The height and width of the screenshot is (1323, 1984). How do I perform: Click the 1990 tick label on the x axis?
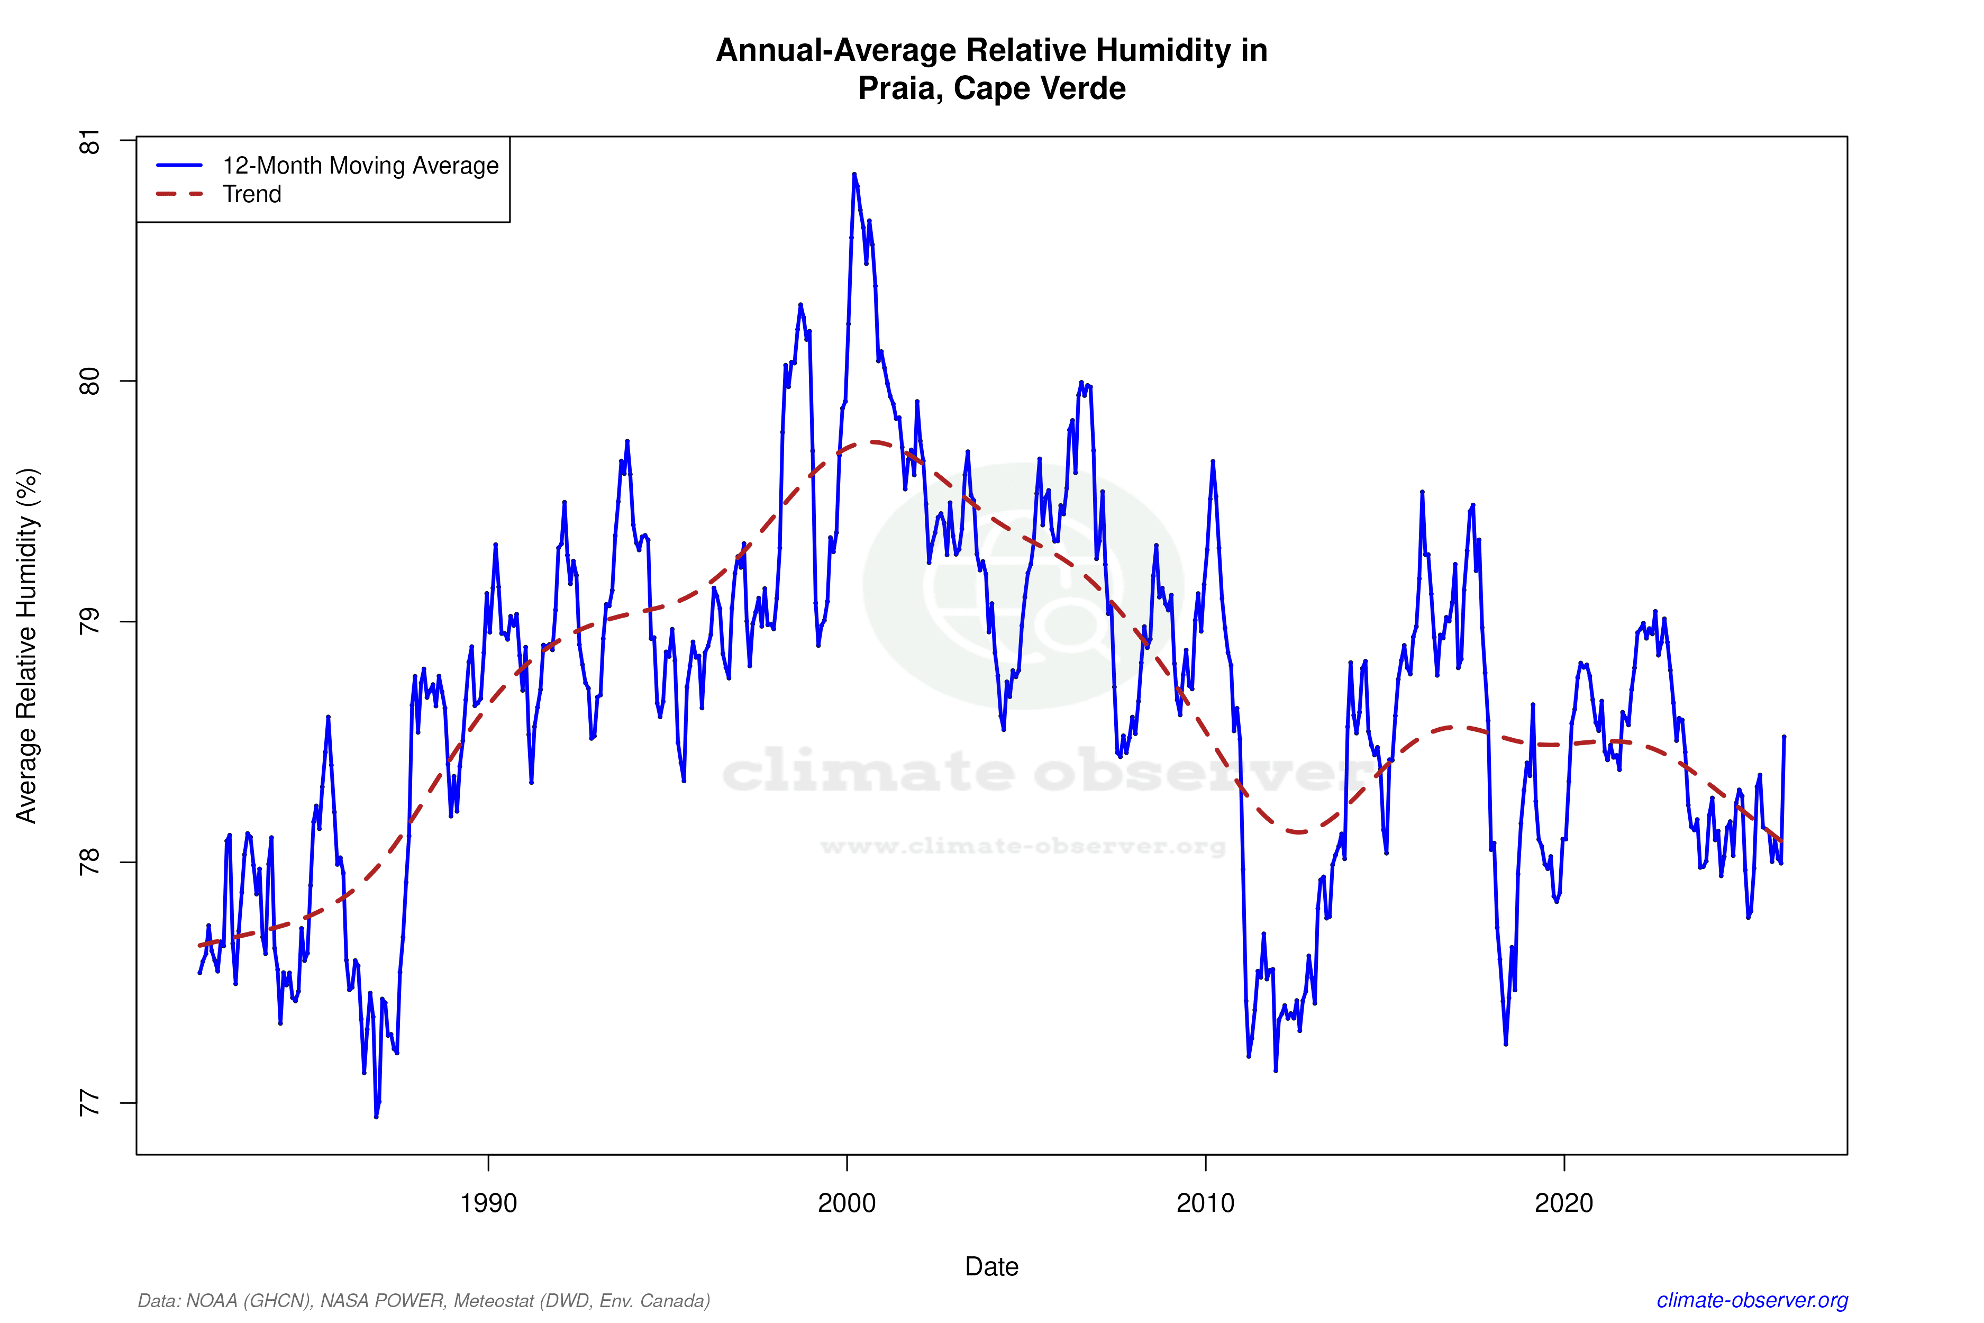click(x=488, y=1202)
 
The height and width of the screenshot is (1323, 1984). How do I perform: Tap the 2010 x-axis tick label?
click(x=1205, y=1202)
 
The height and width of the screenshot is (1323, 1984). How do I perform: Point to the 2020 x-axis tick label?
click(x=1564, y=1202)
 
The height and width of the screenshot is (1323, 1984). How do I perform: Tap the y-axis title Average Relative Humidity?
click(x=27, y=646)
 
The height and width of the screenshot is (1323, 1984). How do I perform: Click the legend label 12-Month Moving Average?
click(x=360, y=165)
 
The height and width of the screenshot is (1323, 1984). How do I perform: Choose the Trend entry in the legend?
click(x=251, y=194)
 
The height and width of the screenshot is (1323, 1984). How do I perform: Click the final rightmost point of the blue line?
click(x=1783, y=737)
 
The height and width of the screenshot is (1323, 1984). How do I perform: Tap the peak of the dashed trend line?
click(x=873, y=441)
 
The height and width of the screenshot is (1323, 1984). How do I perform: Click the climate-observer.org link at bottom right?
click(x=1752, y=1300)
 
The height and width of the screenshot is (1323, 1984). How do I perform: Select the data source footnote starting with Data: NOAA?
click(x=423, y=1300)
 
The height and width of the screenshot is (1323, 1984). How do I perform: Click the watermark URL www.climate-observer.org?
click(x=1022, y=846)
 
